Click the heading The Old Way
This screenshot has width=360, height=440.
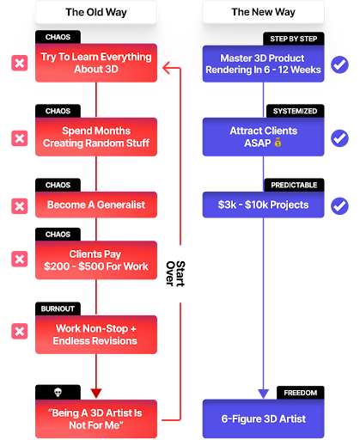[x=96, y=12]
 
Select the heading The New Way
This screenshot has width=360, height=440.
[x=263, y=12]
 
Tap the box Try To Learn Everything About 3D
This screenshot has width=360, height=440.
[x=96, y=63]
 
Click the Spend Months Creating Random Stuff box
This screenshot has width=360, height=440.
[x=96, y=137]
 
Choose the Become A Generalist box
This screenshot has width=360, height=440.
[x=96, y=205]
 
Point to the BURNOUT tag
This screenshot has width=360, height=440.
[x=58, y=309]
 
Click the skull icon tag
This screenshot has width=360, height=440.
[x=58, y=392]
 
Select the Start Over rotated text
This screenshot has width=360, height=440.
[x=175, y=273]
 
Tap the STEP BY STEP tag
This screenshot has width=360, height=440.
[x=294, y=39]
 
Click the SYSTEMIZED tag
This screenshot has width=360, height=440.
[x=295, y=111]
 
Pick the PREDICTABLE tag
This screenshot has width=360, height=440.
[x=294, y=185]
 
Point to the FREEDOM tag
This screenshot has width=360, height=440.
[x=301, y=393]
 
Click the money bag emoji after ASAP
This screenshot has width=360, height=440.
[x=278, y=143]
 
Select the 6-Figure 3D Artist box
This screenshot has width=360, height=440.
[x=263, y=419]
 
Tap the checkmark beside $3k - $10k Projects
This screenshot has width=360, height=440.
[x=339, y=205]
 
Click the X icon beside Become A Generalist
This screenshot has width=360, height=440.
[x=20, y=206]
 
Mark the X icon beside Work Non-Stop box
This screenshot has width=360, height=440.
[x=20, y=332]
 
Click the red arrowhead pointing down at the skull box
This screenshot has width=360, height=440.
[x=96, y=393]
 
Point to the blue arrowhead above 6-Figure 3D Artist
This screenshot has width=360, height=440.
[x=263, y=394]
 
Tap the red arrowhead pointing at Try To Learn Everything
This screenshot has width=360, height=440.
[x=167, y=68]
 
